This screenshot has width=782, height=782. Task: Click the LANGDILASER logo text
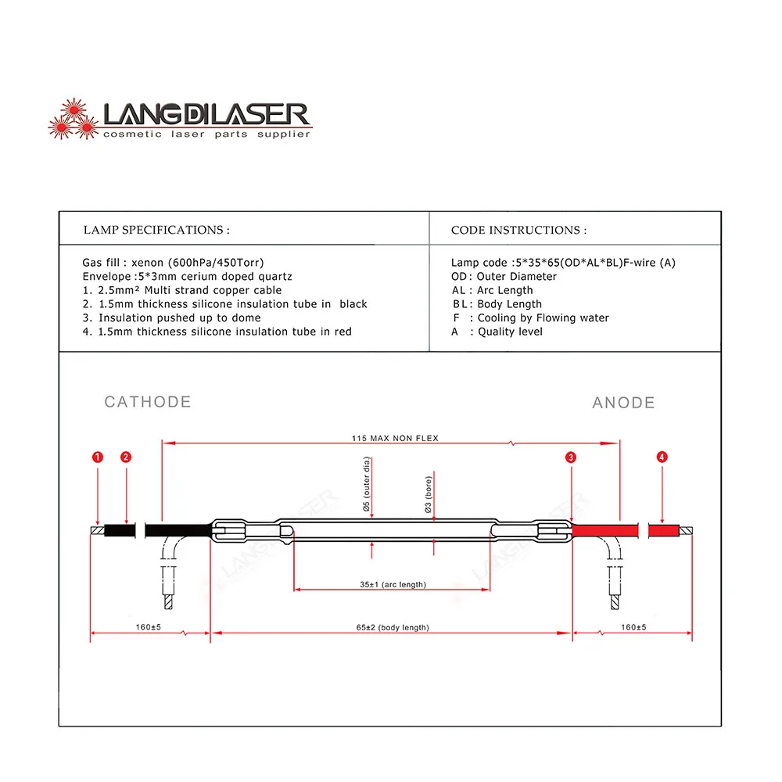click(x=207, y=116)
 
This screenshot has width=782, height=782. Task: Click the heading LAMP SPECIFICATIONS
click(x=156, y=230)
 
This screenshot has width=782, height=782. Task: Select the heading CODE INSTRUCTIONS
click(x=518, y=230)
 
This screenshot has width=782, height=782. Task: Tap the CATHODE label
click(x=148, y=402)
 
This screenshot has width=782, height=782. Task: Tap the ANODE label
click(x=623, y=403)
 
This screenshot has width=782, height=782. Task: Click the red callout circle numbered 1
click(x=97, y=457)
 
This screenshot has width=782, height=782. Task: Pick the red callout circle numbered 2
click(x=126, y=457)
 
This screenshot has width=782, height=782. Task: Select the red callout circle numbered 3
click(x=572, y=457)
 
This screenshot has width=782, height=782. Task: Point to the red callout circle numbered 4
click(x=662, y=457)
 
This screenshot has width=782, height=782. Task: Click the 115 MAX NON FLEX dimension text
click(x=395, y=438)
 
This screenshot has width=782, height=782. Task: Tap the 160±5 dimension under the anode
click(x=634, y=627)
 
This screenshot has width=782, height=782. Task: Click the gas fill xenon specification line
click(x=178, y=263)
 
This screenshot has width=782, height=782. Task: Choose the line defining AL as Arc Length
click(x=493, y=290)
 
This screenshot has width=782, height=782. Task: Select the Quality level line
click(x=497, y=332)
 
